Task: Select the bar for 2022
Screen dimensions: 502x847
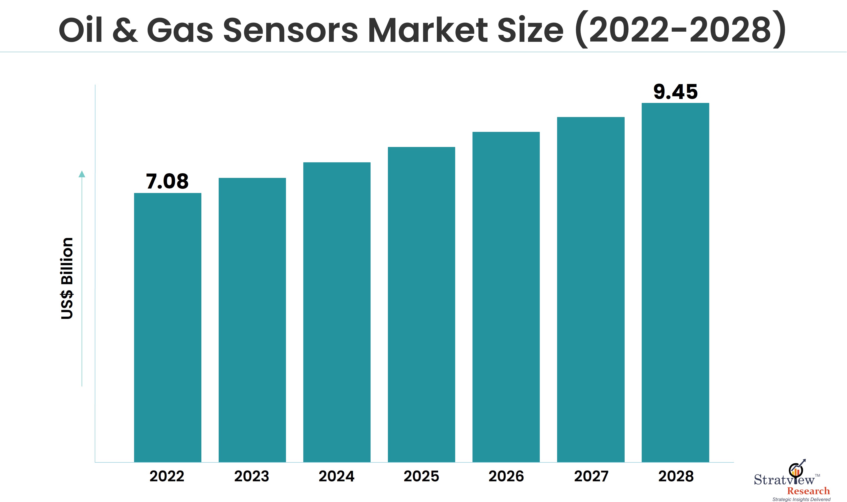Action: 167,327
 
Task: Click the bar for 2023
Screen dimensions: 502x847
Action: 252,320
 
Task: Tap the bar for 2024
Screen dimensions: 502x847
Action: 337,312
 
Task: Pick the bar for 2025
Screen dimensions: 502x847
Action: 421,305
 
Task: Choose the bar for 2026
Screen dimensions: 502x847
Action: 506,297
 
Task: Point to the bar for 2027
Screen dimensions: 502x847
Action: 591,289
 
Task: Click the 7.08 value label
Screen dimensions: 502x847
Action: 167,181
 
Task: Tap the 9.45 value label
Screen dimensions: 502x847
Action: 675,92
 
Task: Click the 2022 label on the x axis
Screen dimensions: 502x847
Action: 167,476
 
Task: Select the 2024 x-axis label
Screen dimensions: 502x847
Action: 336,476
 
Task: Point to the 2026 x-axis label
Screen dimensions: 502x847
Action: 506,476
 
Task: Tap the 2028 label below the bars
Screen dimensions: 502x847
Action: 676,476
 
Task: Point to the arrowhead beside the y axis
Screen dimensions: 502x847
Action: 82,174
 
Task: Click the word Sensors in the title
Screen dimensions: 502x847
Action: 290,30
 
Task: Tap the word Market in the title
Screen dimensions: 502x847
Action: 428,30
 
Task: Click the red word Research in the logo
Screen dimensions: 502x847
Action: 808,491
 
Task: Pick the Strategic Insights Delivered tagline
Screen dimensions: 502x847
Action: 801,499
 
